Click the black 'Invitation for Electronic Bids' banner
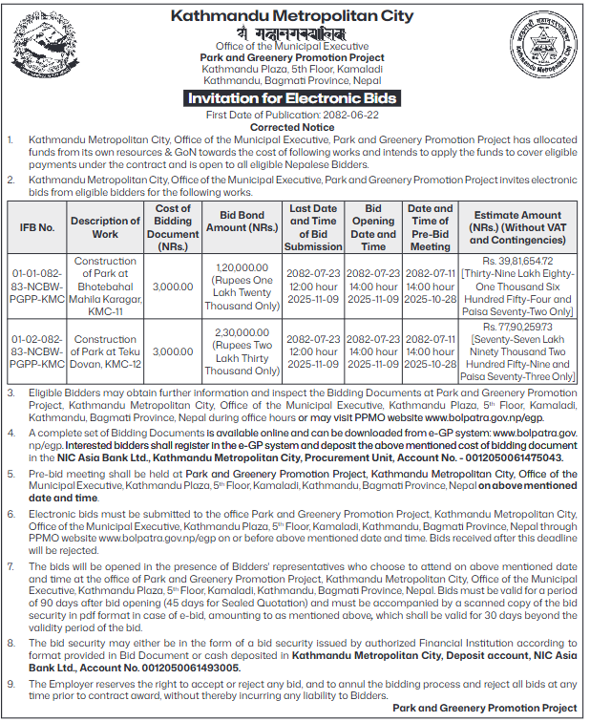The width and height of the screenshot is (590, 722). [x=292, y=98]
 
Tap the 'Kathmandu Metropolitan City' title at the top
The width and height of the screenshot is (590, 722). [x=292, y=15]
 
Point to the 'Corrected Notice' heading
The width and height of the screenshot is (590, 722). [x=292, y=127]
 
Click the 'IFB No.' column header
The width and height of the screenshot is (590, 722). [x=37, y=228]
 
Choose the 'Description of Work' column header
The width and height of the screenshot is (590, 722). [x=105, y=228]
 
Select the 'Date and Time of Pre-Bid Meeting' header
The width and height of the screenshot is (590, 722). [x=430, y=227]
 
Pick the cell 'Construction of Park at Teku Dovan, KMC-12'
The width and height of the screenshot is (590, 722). [x=105, y=352]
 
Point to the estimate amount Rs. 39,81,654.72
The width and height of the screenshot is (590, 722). [x=517, y=261]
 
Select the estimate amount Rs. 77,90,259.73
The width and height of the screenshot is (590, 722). [x=517, y=327]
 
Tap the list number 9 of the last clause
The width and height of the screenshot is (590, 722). [x=11, y=683]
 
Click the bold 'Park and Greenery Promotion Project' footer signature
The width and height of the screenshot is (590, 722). [x=485, y=709]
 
